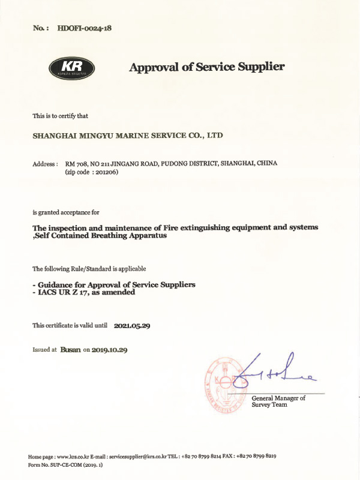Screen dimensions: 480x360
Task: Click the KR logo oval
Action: pyautogui.click(x=71, y=67)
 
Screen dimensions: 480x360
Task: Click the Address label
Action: pyautogui.click(x=45, y=164)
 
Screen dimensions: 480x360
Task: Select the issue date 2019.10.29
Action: pyautogui.click(x=110, y=349)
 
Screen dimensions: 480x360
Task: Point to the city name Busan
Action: pyautogui.click(x=70, y=349)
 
